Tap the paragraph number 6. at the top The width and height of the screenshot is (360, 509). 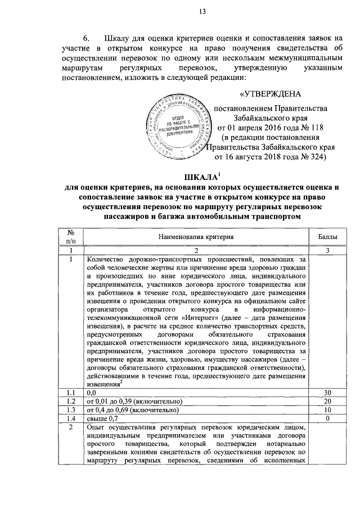(x=87, y=38)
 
